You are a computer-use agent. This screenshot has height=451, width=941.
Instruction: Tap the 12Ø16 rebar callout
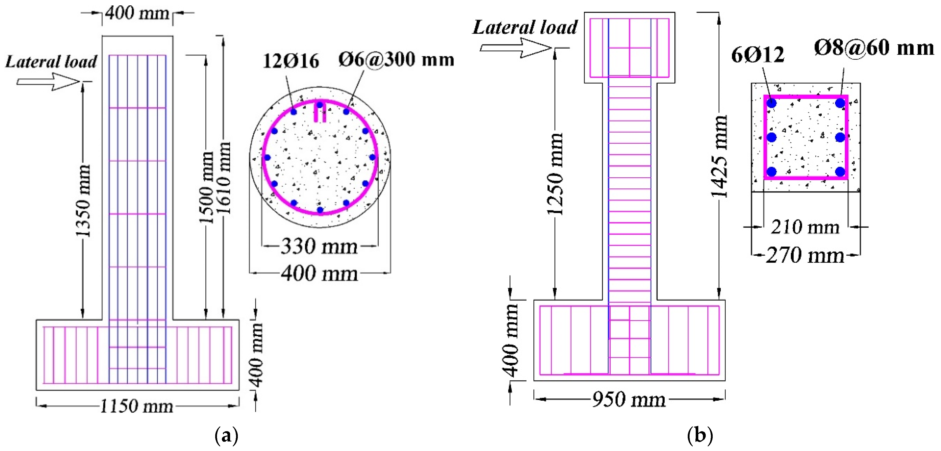pos(291,61)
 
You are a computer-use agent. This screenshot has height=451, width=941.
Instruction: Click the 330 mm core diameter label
pos(319,246)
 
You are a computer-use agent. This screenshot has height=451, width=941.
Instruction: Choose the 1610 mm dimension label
pos(224,178)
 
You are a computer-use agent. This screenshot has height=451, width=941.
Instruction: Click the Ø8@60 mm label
pos(874,48)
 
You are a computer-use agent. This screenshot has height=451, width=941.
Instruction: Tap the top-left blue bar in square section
pos(771,103)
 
